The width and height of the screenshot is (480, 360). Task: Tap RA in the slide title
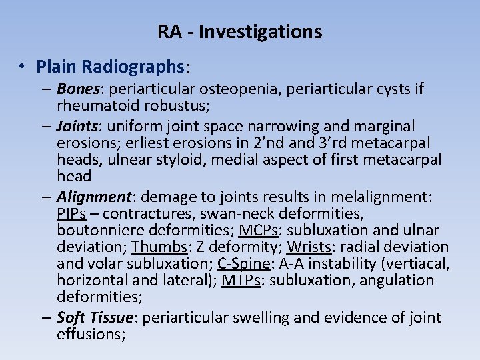point(169,31)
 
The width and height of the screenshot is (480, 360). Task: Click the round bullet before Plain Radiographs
point(22,67)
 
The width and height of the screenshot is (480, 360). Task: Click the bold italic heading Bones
point(78,89)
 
